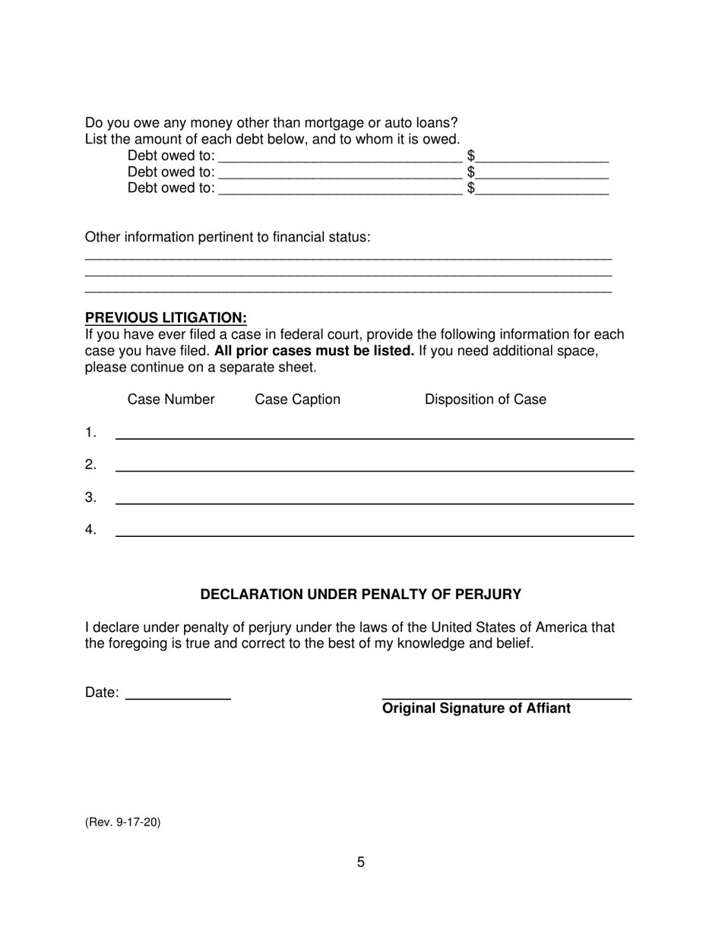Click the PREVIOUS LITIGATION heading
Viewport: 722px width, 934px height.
(x=166, y=317)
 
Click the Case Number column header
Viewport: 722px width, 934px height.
(x=171, y=399)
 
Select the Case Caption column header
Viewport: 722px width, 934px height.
(x=297, y=399)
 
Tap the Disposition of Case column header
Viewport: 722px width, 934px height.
(x=485, y=399)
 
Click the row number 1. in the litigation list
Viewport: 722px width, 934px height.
(x=90, y=433)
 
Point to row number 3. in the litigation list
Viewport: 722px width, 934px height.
(x=90, y=497)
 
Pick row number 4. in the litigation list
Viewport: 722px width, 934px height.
(x=90, y=530)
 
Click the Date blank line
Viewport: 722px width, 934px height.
(x=178, y=694)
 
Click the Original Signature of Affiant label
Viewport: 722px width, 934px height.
(x=476, y=708)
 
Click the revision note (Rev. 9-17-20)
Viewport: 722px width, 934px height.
(x=122, y=822)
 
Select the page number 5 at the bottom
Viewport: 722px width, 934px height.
(x=361, y=862)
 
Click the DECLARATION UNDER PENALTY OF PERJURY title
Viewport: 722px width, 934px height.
(x=361, y=595)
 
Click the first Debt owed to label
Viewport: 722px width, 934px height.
(x=171, y=156)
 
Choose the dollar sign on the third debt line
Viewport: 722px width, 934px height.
(x=471, y=188)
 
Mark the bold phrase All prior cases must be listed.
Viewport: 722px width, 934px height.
(x=315, y=351)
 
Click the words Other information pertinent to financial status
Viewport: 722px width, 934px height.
(x=227, y=237)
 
